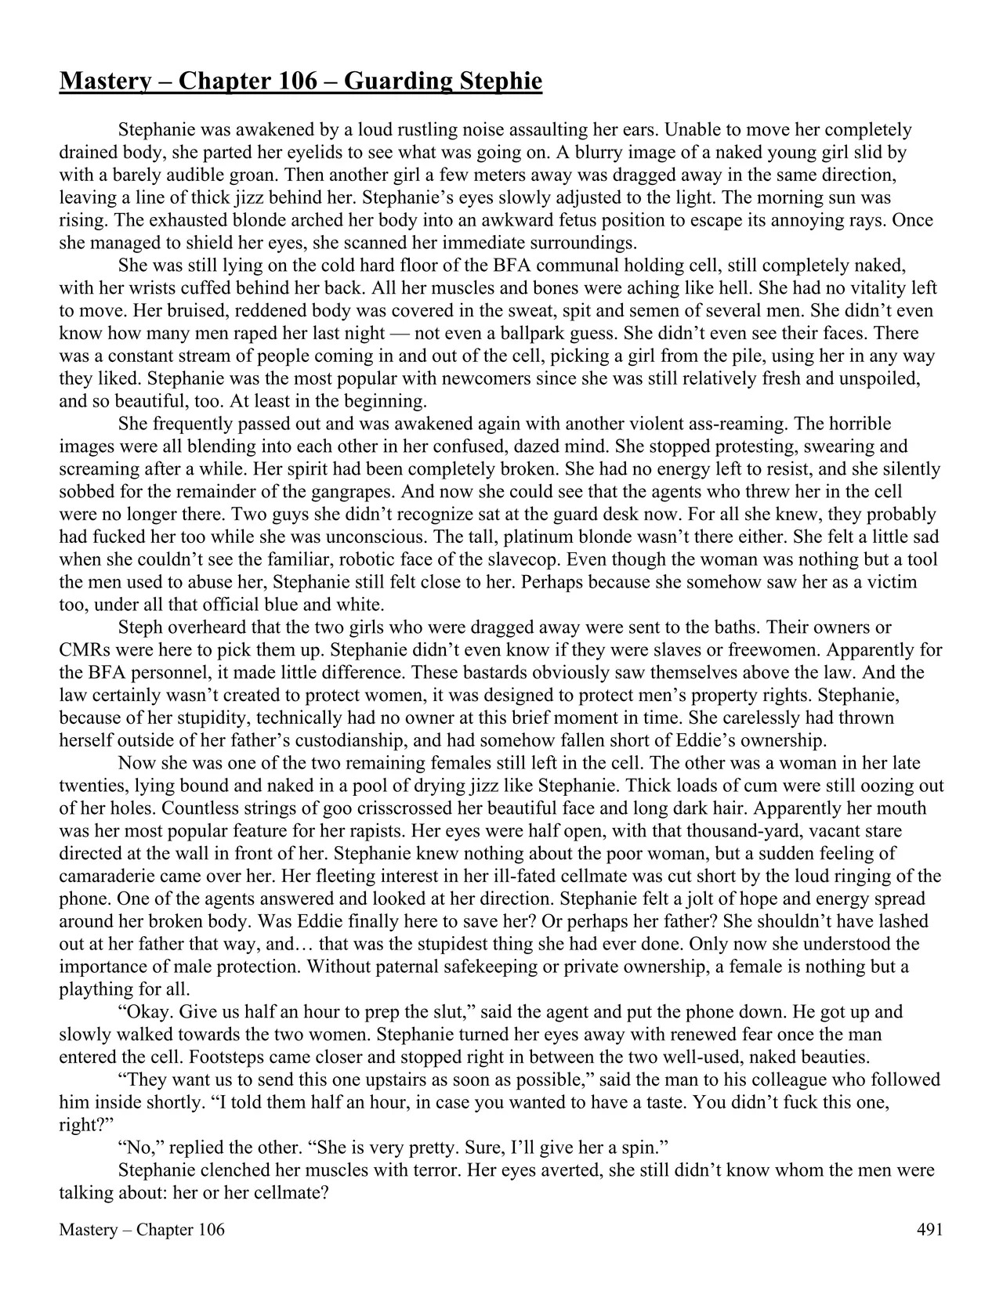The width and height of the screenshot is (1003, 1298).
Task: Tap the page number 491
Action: pos(929,1229)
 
